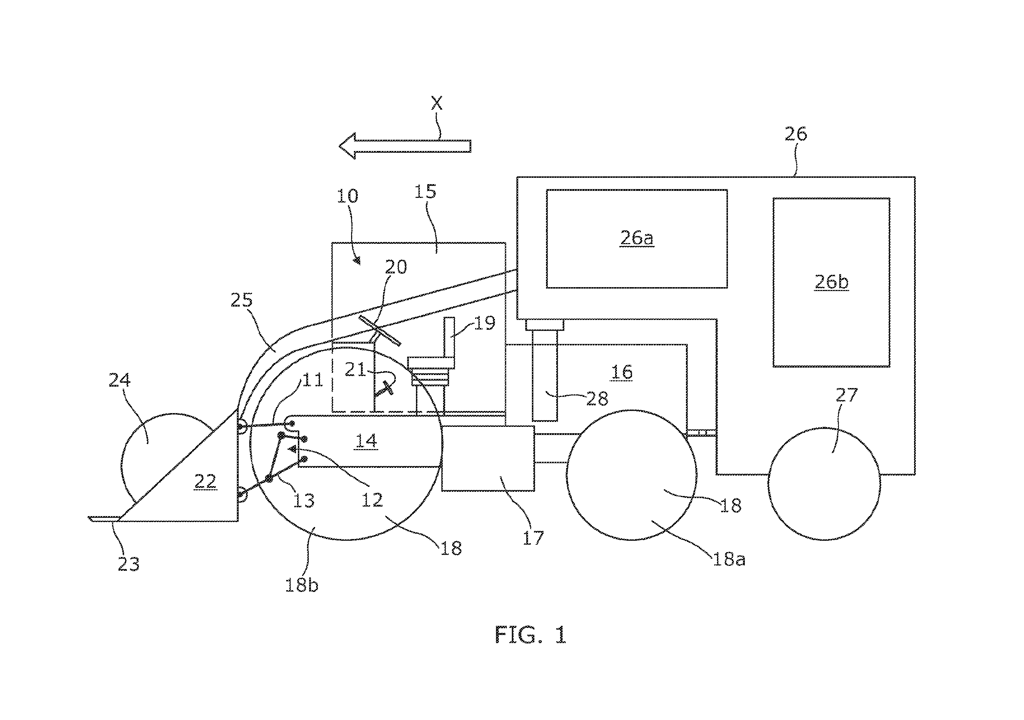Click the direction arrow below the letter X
[405, 146]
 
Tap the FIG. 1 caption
[531, 634]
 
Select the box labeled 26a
[637, 239]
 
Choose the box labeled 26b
[831, 283]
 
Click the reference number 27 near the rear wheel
[846, 395]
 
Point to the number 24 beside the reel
[119, 380]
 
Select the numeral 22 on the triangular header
[206, 481]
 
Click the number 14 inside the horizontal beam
[366, 441]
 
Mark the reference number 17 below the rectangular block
[533, 538]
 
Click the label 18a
[729, 559]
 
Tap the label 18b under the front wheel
[301, 585]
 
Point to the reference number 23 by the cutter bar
[128, 564]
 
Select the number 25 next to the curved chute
[242, 301]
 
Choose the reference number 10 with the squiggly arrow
[348, 195]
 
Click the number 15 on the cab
[425, 192]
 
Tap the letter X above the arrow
[437, 103]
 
